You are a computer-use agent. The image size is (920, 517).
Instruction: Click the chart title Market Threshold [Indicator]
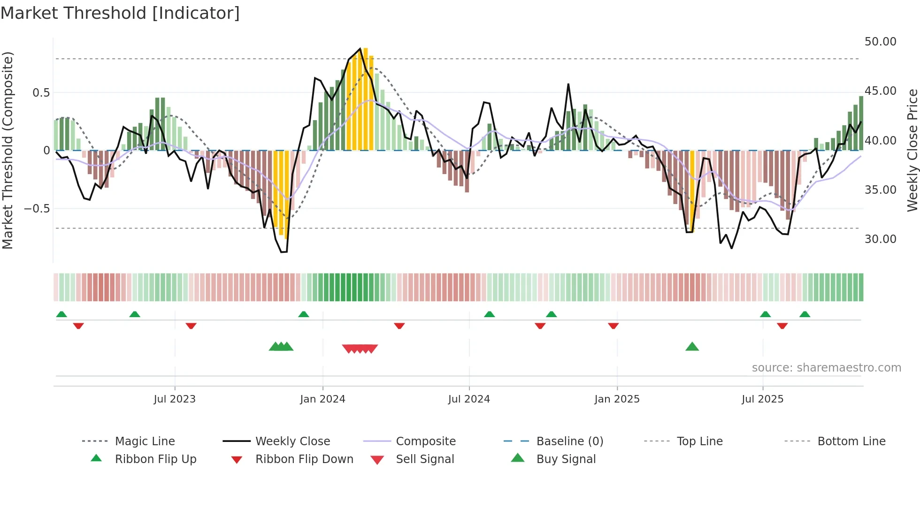(120, 13)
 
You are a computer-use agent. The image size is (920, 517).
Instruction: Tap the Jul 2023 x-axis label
(175, 399)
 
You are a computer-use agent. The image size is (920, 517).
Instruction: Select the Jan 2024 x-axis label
(322, 399)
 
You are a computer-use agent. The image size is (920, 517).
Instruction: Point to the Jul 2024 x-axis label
(469, 399)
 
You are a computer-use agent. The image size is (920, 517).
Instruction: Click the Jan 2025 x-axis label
(617, 399)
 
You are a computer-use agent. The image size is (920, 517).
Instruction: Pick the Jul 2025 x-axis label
(763, 399)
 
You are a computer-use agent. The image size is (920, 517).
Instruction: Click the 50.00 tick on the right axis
(880, 42)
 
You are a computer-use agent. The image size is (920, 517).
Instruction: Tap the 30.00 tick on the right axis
(880, 239)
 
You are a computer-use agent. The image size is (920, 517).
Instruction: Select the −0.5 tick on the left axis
(37, 208)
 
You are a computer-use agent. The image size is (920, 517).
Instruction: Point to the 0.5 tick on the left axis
(41, 93)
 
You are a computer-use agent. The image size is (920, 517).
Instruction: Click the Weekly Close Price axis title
(912, 150)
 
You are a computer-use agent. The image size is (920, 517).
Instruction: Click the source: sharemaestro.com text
(826, 368)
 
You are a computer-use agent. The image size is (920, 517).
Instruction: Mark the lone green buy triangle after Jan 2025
(692, 347)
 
